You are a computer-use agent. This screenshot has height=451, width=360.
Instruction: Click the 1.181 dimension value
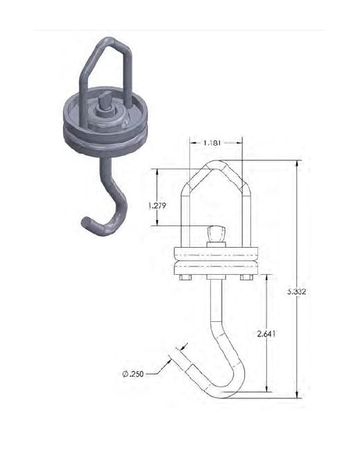tap(212, 143)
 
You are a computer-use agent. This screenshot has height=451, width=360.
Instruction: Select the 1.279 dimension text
tap(157, 206)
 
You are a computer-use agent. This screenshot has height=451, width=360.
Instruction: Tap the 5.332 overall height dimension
tap(297, 291)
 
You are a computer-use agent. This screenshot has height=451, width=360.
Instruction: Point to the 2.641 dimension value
tap(266, 334)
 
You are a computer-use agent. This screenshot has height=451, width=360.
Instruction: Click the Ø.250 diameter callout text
tap(133, 374)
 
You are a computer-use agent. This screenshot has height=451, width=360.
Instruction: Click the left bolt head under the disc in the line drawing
tap(185, 278)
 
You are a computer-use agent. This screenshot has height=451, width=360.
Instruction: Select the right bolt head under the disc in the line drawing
tap(246, 278)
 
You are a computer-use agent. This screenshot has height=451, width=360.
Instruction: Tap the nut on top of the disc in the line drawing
tap(216, 234)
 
